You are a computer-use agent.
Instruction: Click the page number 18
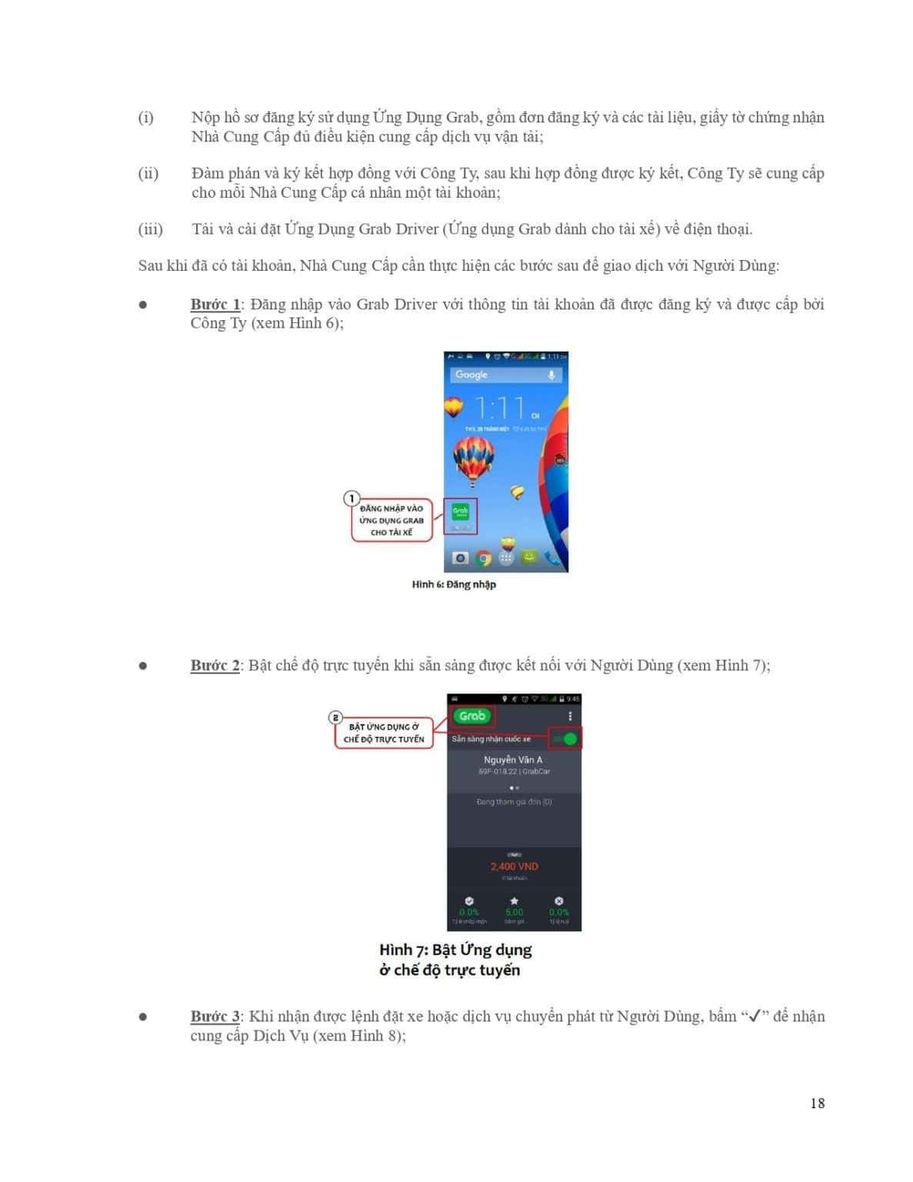(x=817, y=1103)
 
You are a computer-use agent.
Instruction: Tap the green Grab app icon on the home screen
(x=460, y=513)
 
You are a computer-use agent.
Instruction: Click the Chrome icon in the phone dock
(x=483, y=558)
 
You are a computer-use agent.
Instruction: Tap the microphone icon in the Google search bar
(x=551, y=375)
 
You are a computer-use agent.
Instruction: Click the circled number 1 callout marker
(x=352, y=499)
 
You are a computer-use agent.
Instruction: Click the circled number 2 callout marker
(x=335, y=717)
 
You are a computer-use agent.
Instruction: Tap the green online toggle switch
(x=568, y=739)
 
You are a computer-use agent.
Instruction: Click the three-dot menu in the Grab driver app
(x=570, y=716)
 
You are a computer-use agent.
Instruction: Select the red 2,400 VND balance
(x=515, y=866)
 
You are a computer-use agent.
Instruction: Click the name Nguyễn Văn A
(x=513, y=760)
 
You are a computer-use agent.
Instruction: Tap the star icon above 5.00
(x=514, y=900)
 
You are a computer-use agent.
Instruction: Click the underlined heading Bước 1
(x=215, y=304)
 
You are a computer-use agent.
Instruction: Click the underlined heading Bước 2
(x=215, y=665)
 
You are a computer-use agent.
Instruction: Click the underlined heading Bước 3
(x=215, y=1016)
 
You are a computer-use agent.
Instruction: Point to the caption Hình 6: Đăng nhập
(x=454, y=585)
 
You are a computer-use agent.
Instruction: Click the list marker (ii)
(x=148, y=173)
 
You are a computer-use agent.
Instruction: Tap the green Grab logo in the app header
(x=472, y=716)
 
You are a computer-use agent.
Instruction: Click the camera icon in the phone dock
(x=460, y=558)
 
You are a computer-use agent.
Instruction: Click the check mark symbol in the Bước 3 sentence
(x=755, y=1016)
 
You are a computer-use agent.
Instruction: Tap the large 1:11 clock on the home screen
(x=501, y=407)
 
